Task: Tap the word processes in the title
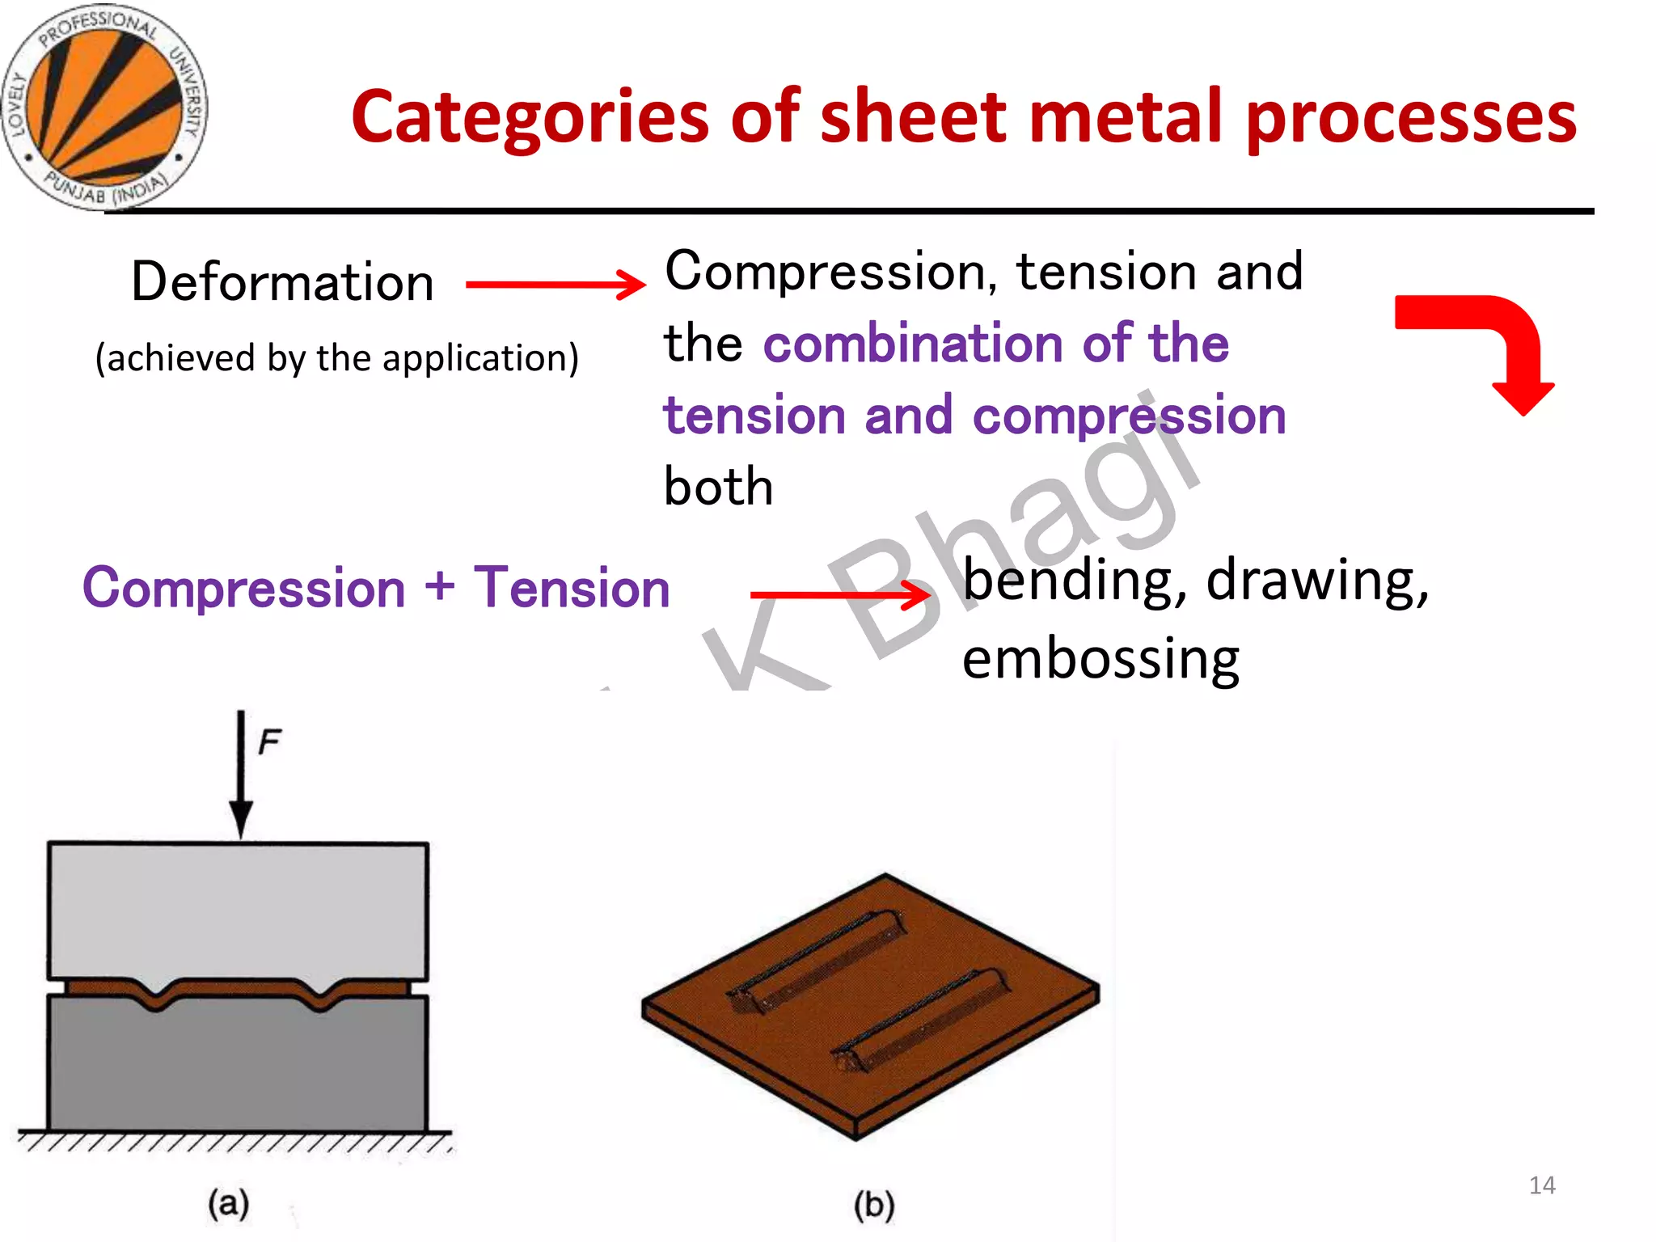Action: (1411, 119)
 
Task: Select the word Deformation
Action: (282, 282)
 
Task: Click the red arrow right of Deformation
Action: (556, 284)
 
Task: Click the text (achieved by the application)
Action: (337, 357)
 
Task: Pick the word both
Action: (718, 487)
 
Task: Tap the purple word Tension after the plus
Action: (572, 588)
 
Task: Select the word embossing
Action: (1100, 659)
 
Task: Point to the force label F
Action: (269, 741)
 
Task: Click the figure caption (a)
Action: (229, 1203)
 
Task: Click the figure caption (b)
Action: (875, 1205)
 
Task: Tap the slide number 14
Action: (1542, 1185)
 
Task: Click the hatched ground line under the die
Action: (234, 1140)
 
